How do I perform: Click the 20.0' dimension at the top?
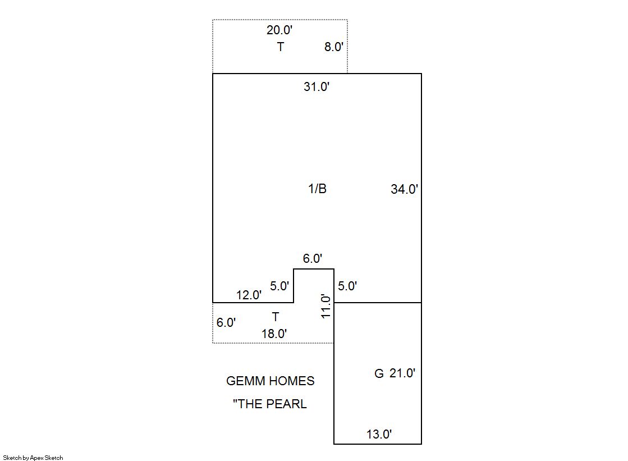(279, 30)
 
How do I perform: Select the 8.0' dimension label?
(333, 47)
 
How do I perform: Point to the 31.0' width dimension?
(317, 87)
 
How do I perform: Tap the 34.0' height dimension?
(404, 189)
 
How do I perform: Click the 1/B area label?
(317, 189)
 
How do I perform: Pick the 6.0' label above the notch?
(313, 259)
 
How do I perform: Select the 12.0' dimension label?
(249, 295)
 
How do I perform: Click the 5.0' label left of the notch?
(279, 286)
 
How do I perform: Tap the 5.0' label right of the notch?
(347, 286)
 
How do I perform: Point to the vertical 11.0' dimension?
(326, 306)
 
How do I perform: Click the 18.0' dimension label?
(274, 334)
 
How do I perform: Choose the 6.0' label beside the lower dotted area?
(226, 323)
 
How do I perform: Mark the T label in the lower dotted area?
(275, 317)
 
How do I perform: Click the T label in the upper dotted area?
(280, 47)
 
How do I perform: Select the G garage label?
(379, 373)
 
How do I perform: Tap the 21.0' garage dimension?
(402, 373)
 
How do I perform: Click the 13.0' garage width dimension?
(379, 434)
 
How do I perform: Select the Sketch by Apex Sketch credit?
(33, 458)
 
